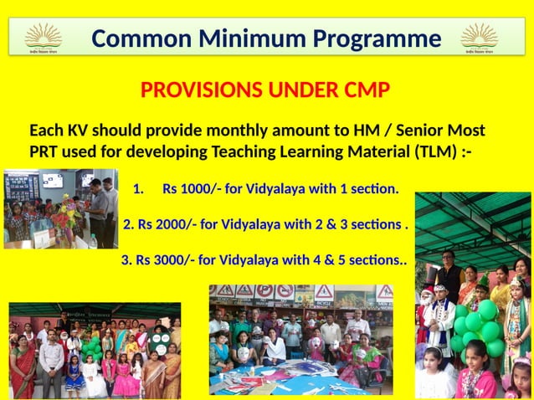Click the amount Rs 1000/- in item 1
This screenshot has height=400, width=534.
(192, 189)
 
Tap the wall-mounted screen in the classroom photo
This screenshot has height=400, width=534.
(52, 180)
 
